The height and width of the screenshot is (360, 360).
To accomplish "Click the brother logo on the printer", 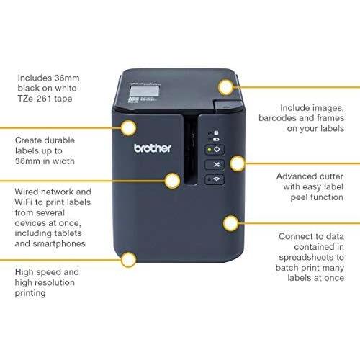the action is click(x=153, y=148).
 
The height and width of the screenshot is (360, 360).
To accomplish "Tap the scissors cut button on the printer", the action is click(x=215, y=164).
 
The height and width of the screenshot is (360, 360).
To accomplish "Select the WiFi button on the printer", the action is click(x=215, y=179).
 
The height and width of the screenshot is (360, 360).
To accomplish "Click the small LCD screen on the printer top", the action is click(x=144, y=91).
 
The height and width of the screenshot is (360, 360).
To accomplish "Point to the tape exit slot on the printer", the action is click(x=191, y=150).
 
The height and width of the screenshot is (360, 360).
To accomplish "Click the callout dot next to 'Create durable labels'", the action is click(x=128, y=128).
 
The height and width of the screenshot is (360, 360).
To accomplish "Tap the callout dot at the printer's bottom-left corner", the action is click(x=128, y=260).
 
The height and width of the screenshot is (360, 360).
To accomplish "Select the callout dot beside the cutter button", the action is click(x=237, y=163).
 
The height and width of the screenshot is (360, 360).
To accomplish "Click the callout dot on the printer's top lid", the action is click(x=226, y=87).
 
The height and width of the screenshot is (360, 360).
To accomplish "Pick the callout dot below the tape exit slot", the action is click(x=172, y=181).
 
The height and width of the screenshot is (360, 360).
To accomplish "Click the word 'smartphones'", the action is click(x=59, y=244).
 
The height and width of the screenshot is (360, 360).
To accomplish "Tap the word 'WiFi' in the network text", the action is click(x=23, y=202).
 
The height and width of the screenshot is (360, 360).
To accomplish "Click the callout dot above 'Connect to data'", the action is click(x=230, y=223).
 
